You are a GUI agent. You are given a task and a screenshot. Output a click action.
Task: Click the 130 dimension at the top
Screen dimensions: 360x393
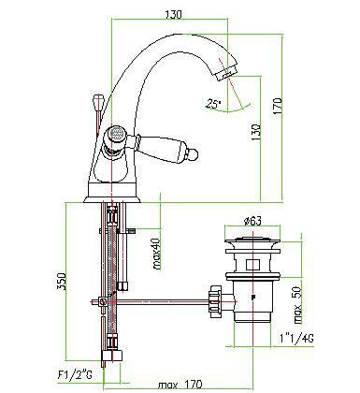[x=173, y=14]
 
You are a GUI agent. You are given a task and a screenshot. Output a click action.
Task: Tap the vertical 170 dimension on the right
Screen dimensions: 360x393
[x=278, y=106]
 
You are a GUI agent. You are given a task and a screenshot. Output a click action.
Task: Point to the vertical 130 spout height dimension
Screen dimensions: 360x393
[x=256, y=132]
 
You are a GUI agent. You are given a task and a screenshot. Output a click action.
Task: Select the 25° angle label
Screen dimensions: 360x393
[x=213, y=104]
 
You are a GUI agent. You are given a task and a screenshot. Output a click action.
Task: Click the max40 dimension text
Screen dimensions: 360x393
[x=156, y=254]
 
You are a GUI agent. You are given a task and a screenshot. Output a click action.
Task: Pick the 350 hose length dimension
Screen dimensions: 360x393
[x=62, y=282]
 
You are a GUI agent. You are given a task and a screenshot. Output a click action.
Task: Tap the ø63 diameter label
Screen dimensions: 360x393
[x=252, y=221]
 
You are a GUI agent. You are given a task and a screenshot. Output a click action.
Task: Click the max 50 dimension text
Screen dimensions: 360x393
[x=297, y=305]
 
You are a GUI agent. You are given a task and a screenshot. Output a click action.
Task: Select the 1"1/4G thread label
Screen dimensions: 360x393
[x=296, y=338]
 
